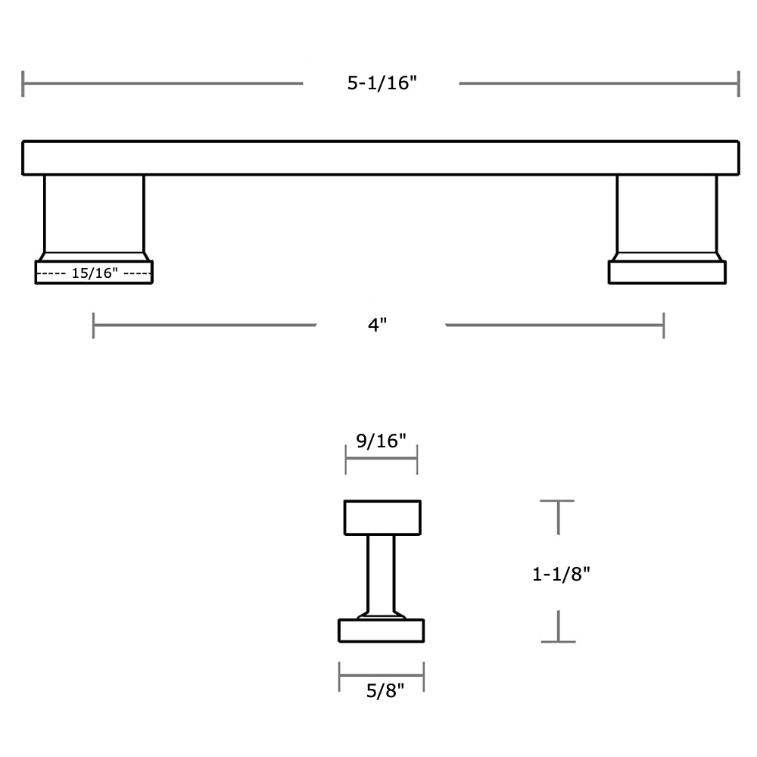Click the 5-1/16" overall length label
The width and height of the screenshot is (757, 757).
[x=382, y=83]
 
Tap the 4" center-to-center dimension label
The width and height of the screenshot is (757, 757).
[x=378, y=326]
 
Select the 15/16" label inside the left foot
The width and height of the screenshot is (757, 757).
[x=95, y=273]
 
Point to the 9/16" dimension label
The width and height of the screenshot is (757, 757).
[x=381, y=441]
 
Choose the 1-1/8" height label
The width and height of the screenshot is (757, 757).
[x=561, y=575]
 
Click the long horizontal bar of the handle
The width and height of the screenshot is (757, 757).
[x=380, y=157]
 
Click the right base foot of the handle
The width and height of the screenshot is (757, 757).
[x=667, y=273]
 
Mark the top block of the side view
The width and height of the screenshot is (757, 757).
[x=382, y=518]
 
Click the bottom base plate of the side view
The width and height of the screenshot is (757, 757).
[x=381, y=631]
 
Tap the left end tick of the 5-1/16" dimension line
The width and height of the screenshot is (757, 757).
[x=23, y=83]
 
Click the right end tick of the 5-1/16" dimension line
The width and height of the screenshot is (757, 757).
[x=738, y=83]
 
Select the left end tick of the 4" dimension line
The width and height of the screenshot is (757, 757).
[x=94, y=326]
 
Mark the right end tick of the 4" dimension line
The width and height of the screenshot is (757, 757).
[x=663, y=326]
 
